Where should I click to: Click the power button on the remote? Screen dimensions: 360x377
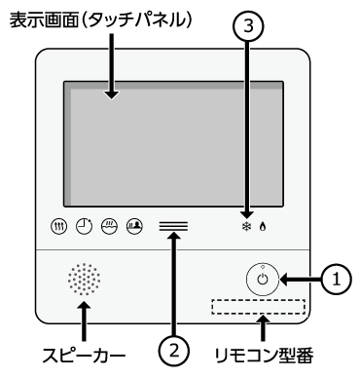[x=263, y=279]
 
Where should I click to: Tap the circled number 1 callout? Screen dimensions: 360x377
[x=337, y=279]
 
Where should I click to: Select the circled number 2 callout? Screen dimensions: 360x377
[x=174, y=351]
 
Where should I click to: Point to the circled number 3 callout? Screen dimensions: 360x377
[x=248, y=26]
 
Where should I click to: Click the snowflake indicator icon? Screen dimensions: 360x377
[x=247, y=226]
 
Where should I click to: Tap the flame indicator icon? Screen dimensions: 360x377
[x=263, y=226]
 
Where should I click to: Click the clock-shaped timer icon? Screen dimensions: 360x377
[x=85, y=226]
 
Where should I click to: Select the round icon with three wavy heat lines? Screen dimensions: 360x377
[x=59, y=226]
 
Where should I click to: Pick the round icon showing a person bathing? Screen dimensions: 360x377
[x=134, y=226]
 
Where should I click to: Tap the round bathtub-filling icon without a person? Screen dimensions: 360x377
[x=110, y=226]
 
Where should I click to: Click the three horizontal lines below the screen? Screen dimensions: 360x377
[x=173, y=226]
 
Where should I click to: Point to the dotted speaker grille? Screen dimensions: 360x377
[x=84, y=279]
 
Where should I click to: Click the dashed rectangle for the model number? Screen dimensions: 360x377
[x=259, y=307]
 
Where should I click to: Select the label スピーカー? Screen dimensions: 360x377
[x=84, y=355]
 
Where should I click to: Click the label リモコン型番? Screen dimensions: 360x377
[x=264, y=355]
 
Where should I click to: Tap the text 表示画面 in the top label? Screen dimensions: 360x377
[x=45, y=20]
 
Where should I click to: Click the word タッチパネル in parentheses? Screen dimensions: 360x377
[x=138, y=20]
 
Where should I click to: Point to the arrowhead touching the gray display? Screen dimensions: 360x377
[x=112, y=94]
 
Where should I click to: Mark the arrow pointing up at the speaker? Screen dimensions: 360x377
[x=85, y=320]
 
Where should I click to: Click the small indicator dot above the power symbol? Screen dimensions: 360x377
[x=263, y=267]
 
